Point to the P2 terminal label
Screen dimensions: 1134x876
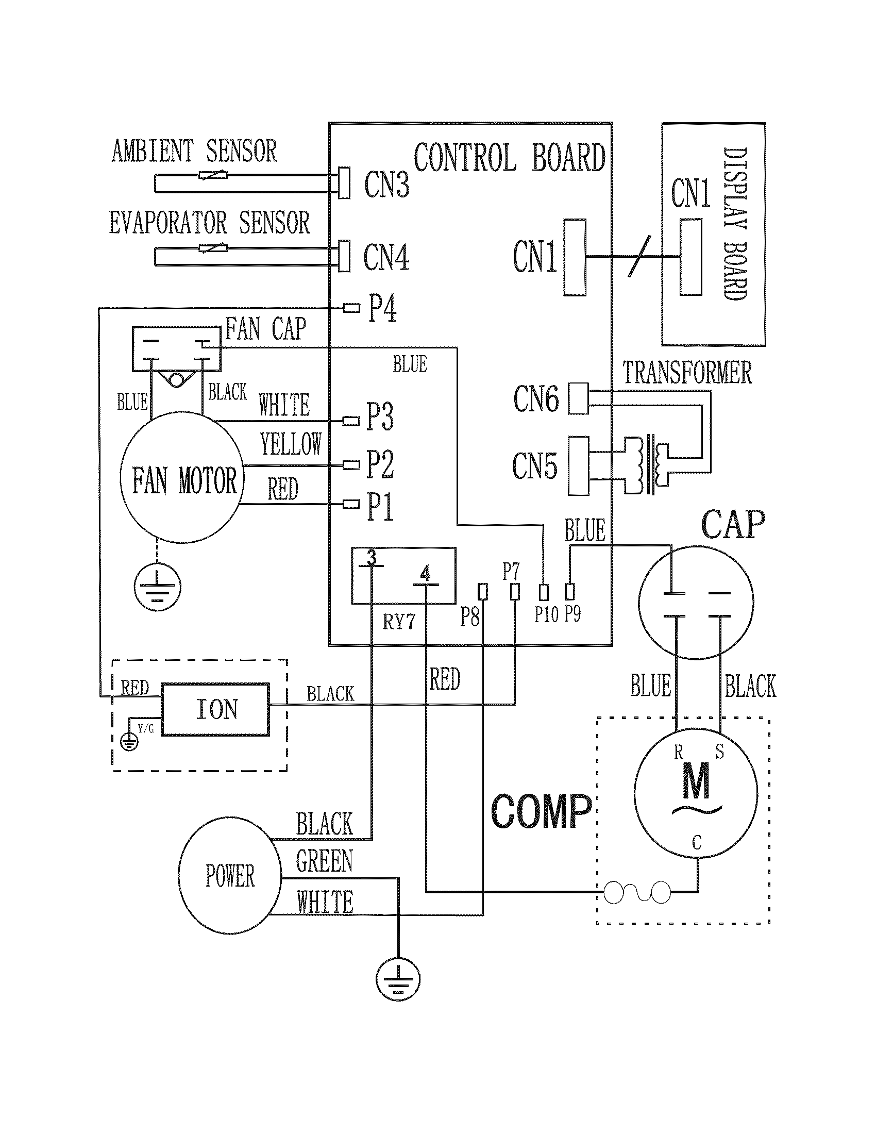380,464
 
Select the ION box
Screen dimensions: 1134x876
215,709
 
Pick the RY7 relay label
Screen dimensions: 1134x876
398,622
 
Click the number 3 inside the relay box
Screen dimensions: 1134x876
371,558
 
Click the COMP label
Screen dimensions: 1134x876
541,811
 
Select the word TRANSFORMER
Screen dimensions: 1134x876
687,372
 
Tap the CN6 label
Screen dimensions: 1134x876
536,399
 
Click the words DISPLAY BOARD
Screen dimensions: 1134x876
735,224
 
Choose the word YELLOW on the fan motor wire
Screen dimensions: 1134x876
291,444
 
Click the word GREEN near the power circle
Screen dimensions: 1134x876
324,861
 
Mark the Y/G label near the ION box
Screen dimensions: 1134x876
146,728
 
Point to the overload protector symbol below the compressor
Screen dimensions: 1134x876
637,893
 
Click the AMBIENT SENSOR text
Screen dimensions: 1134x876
194,151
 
